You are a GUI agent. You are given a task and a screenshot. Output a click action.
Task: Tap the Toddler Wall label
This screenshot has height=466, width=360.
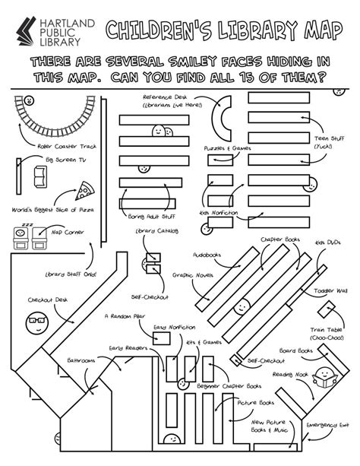330,290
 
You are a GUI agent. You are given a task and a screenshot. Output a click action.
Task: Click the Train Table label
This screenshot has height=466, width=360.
327,331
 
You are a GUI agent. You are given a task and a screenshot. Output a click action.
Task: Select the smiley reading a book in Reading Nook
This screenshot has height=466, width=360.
324,376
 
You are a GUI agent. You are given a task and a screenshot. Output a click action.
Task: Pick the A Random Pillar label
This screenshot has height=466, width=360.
125,315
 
